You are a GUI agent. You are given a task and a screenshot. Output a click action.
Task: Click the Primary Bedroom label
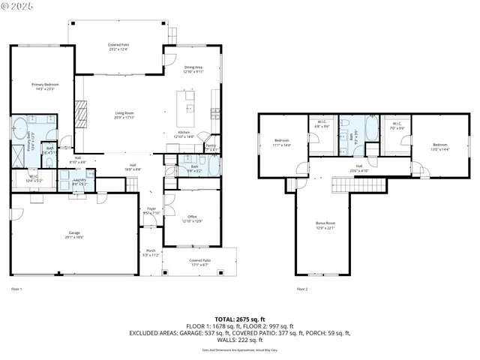43,87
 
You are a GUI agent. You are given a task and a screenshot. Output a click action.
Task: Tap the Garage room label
75,234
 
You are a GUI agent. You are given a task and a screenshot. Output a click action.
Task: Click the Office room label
192,219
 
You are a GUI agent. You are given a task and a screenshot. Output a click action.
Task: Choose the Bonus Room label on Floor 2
325,225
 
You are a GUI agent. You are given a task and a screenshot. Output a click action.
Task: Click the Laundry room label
79,181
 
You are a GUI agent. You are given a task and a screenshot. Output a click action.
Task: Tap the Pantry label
211,148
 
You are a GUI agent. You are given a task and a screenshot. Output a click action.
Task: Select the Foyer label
151,211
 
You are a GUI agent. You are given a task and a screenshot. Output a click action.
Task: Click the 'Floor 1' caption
16,289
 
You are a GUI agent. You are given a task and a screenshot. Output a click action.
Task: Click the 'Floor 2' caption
301,289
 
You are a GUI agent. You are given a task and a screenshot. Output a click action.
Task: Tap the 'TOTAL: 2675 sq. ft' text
239,319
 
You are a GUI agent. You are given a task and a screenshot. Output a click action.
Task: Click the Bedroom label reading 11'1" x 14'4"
282,142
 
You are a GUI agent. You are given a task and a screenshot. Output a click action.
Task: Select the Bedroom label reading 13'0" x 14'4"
440,146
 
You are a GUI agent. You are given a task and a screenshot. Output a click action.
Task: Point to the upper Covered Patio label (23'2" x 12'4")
118,47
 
